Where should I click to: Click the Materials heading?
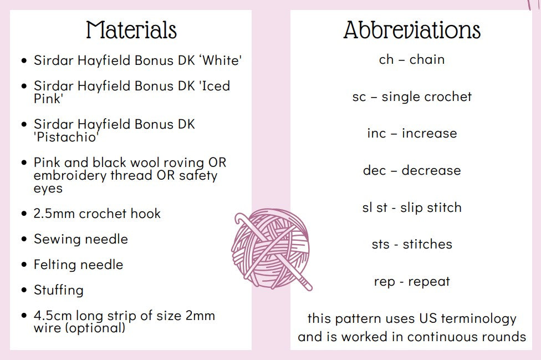click(x=131, y=30)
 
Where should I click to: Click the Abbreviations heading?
click(x=412, y=30)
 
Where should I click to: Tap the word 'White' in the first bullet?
click(x=222, y=60)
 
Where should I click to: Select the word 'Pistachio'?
click(x=67, y=137)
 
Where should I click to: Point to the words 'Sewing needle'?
click(x=81, y=239)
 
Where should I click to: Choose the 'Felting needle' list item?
click(x=78, y=265)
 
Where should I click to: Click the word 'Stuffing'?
click(x=59, y=290)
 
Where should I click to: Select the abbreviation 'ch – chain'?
click(x=412, y=60)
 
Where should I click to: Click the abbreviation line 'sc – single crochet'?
click(x=412, y=97)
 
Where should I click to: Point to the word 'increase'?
click(x=429, y=134)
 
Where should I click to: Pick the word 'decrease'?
click(x=431, y=170)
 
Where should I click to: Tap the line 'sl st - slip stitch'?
click(x=412, y=208)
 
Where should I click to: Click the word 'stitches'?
click(x=427, y=245)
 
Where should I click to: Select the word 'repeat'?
click(x=429, y=282)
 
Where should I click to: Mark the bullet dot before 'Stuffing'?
click(x=24, y=290)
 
